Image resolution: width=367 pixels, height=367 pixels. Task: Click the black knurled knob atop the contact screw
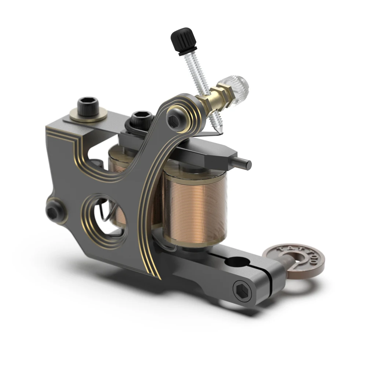coord(182,40)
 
